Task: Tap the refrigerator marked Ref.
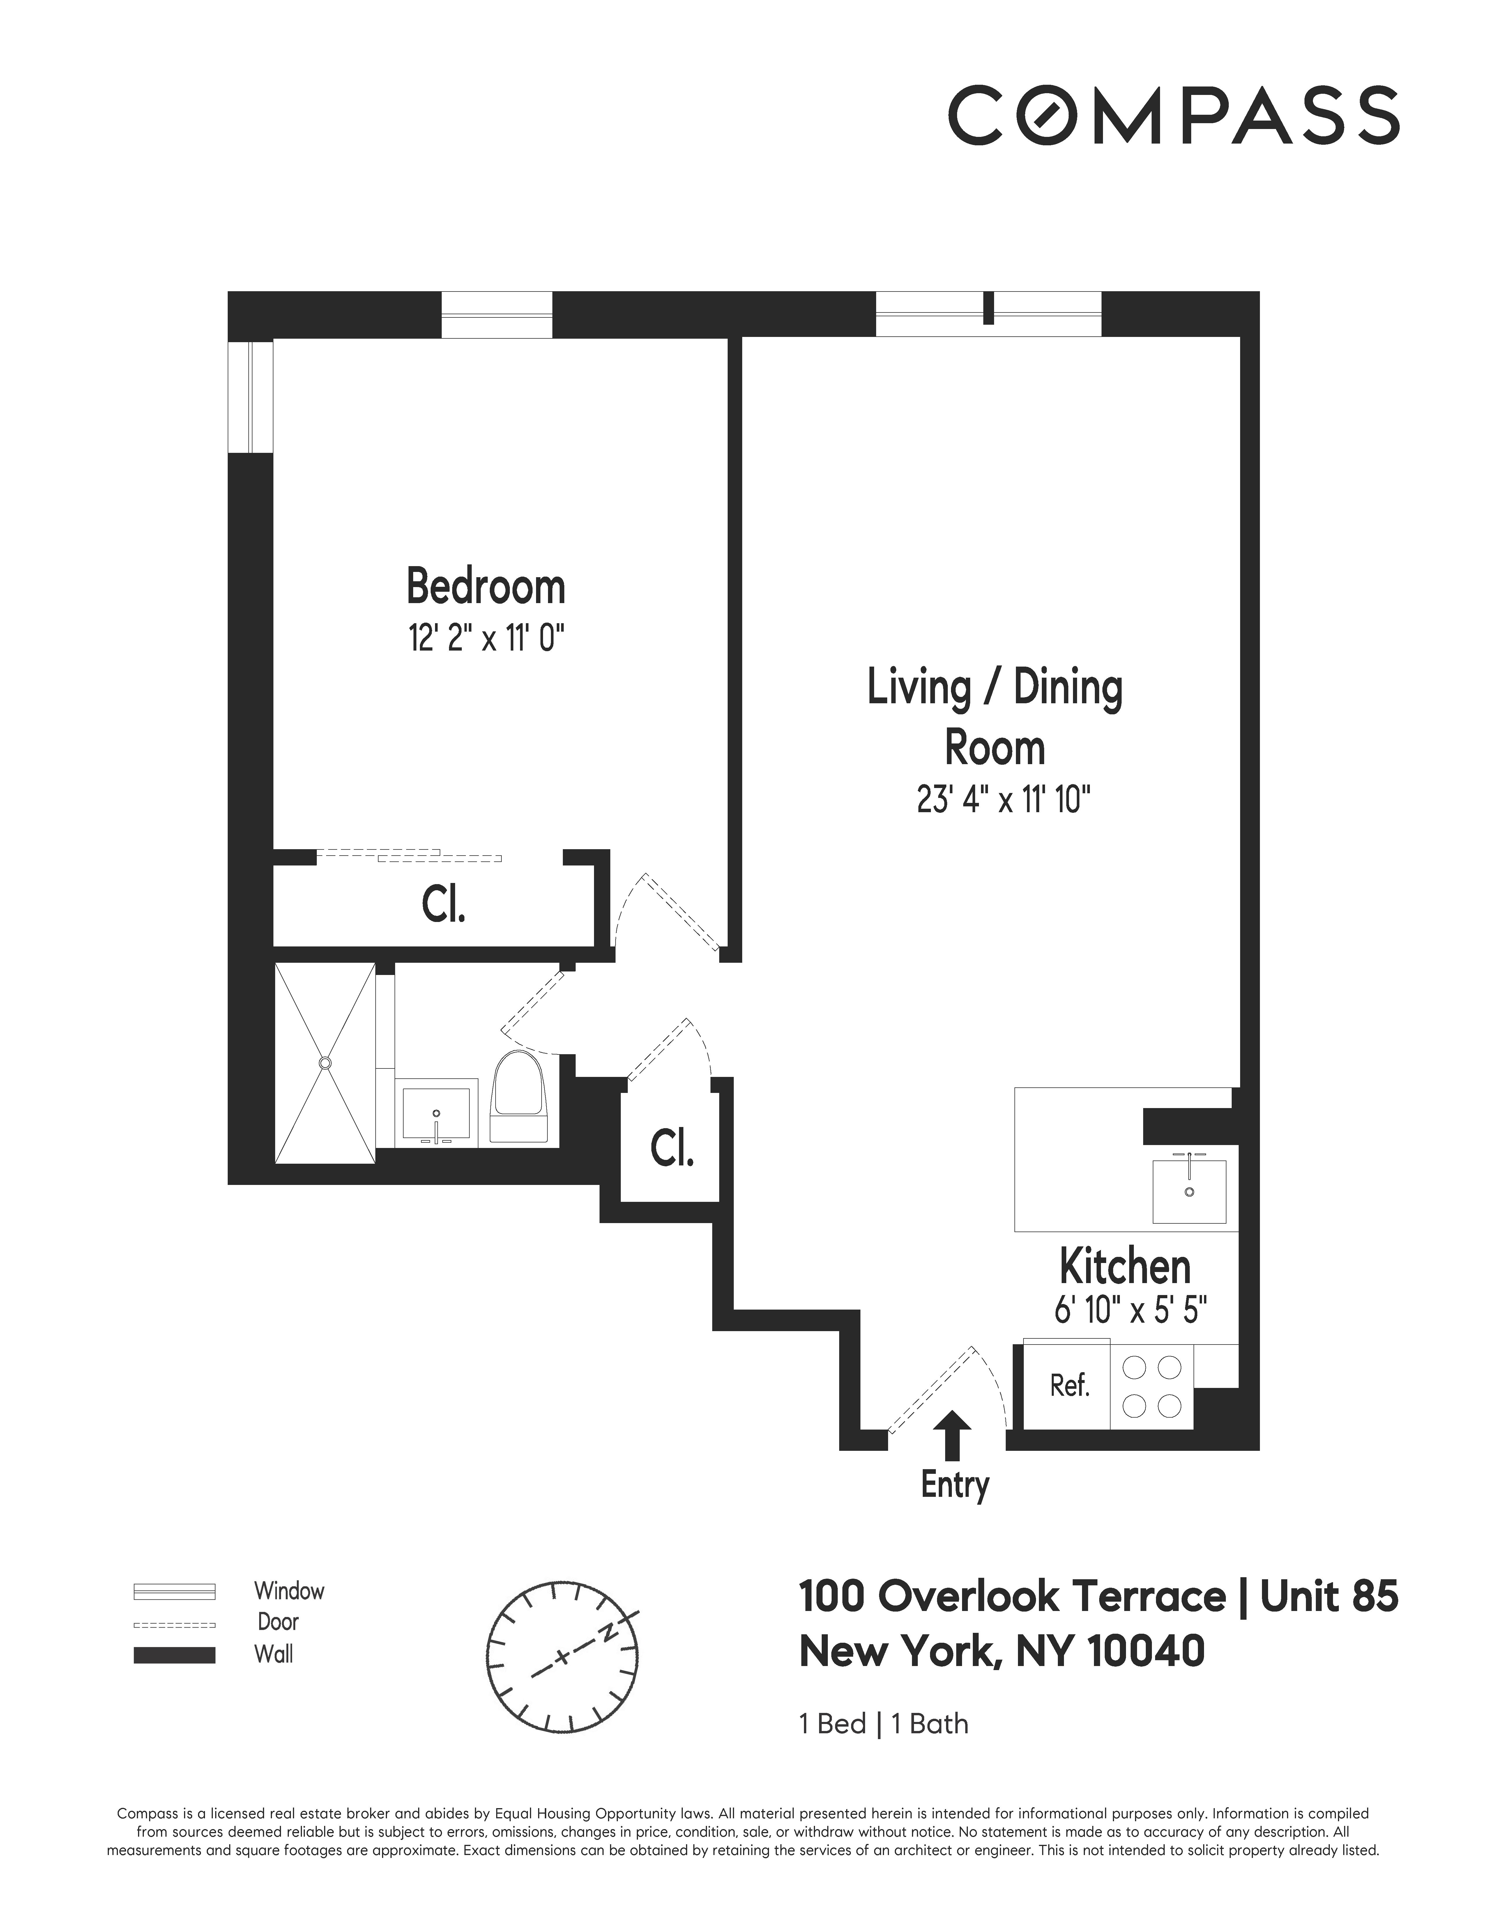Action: [x=1069, y=1386]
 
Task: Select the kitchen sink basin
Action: [x=1189, y=1191]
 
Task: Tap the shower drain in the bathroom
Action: [x=326, y=1063]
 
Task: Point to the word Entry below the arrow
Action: [x=954, y=1485]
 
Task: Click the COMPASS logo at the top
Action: [x=1173, y=114]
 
